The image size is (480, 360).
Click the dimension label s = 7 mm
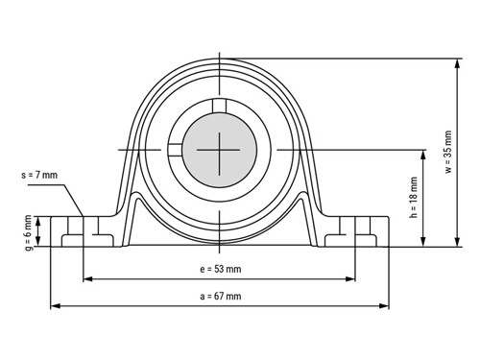pyautogui.click(x=39, y=175)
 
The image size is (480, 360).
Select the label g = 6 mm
pyautogui.click(x=28, y=232)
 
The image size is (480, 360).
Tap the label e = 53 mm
pyautogui.click(x=221, y=269)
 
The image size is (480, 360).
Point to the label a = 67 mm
pyautogui.click(x=221, y=297)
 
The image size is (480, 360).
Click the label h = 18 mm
pyautogui.click(x=414, y=198)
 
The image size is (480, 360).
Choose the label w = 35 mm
pyautogui.click(x=448, y=152)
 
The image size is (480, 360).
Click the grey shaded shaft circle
pyautogui.click(x=220, y=150)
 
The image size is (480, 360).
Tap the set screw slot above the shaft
pyautogui.click(x=220, y=107)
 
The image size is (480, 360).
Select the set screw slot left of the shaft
pyautogui.click(x=175, y=150)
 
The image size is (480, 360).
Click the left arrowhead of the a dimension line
pyautogui.click(x=56, y=306)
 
